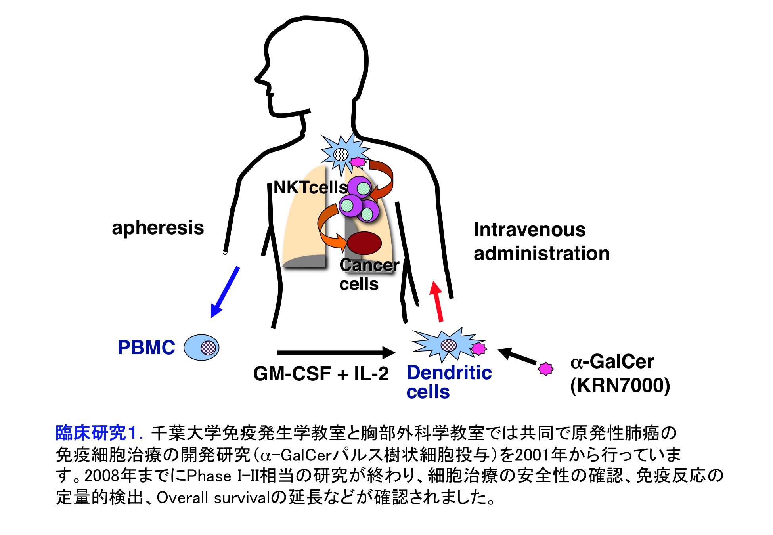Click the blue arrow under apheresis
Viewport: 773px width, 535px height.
click(225, 292)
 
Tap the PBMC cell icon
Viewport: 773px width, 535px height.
click(201, 348)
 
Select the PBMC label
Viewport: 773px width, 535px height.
click(146, 348)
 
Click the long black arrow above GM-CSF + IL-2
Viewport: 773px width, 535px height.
click(336, 352)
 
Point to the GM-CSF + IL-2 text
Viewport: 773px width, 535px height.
click(321, 374)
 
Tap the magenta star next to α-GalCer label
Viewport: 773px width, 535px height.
click(545, 369)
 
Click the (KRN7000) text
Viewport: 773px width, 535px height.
click(620, 385)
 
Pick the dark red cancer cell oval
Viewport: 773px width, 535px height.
click(364, 243)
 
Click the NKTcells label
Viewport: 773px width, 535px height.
click(310, 187)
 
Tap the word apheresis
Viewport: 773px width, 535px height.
click(158, 228)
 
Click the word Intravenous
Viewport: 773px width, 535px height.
click(530, 230)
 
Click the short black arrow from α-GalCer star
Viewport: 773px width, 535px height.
click(517, 356)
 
